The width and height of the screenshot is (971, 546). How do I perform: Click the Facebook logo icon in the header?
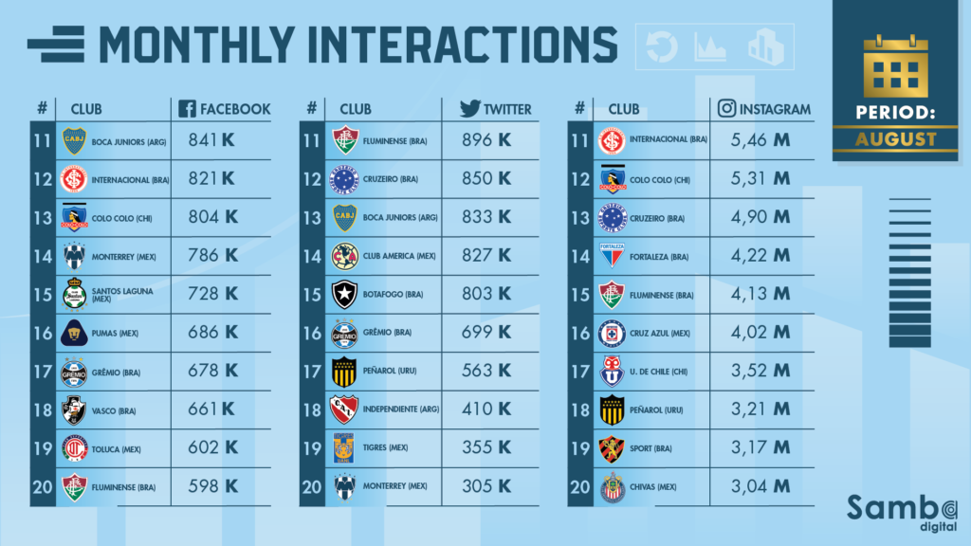point(186,108)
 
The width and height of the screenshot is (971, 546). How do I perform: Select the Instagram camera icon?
point(727,108)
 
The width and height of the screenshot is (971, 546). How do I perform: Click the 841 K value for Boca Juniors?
point(213,140)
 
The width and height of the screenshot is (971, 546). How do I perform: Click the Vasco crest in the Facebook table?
point(74,409)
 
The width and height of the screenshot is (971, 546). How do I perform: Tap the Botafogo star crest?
point(344,294)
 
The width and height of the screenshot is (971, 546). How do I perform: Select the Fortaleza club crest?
point(613,255)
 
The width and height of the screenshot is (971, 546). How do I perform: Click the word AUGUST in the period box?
point(896,139)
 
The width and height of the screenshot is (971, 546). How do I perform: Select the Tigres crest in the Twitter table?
point(344,447)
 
